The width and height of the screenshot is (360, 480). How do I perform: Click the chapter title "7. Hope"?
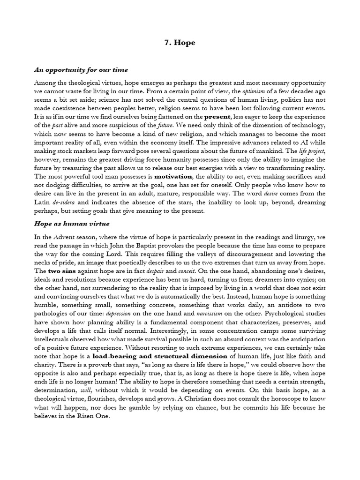point(180,43)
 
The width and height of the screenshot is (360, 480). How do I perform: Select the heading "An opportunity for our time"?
point(81,70)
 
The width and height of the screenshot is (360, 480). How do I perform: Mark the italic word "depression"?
point(123,314)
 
